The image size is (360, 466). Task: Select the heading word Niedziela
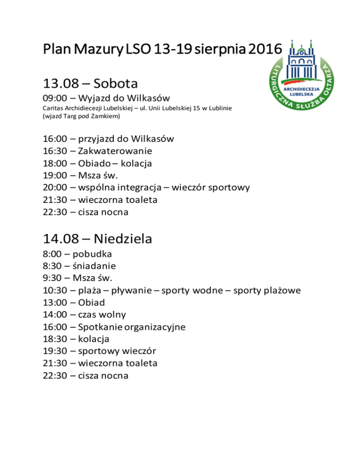click(123, 239)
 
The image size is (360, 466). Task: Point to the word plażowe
click(279, 291)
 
